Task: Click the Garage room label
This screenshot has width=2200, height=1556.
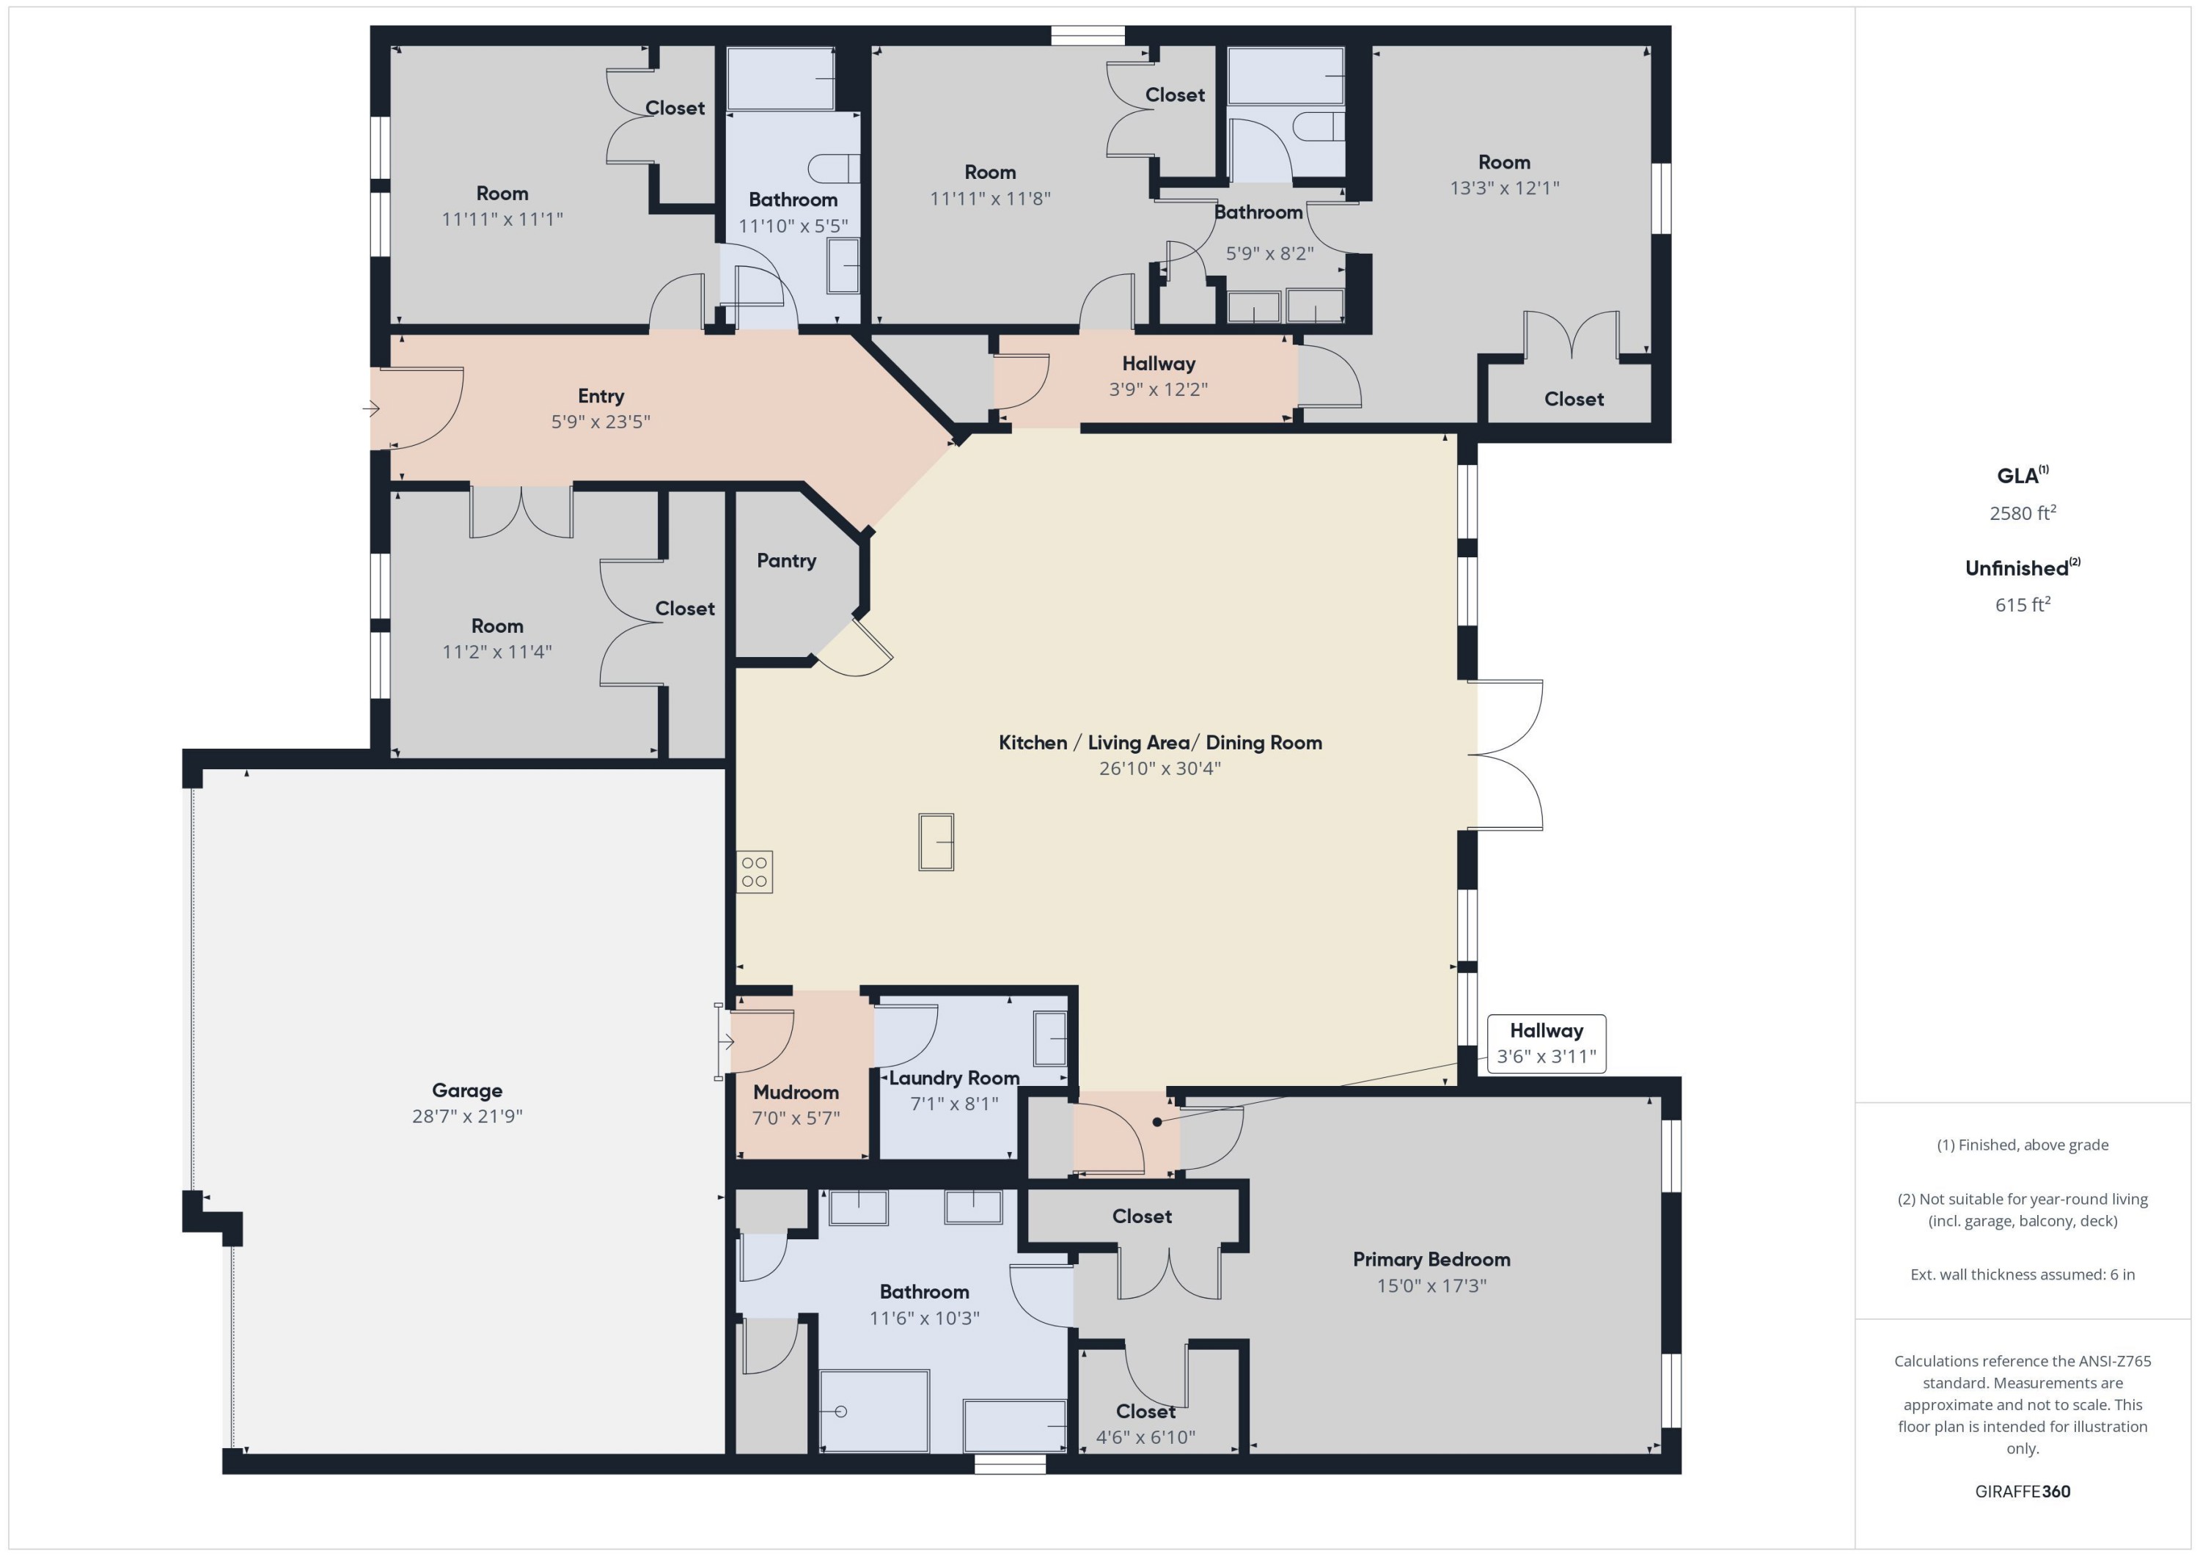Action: click(x=466, y=1090)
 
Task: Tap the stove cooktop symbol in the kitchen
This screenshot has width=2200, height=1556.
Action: click(x=754, y=872)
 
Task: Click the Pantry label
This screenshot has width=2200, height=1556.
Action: click(x=785, y=560)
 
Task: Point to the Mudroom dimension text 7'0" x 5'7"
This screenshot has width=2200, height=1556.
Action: click(x=795, y=1118)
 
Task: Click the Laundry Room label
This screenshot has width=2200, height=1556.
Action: click(x=953, y=1078)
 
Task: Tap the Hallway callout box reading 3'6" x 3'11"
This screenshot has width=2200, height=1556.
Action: click(x=1546, y=1043)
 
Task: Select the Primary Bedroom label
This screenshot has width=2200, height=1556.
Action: click(x=1431, y=1259)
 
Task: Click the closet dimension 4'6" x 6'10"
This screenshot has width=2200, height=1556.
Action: click(x=1145, y=1436)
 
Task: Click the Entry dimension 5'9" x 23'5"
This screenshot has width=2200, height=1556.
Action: click(x=600, y=422)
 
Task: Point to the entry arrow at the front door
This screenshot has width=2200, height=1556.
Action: click(x=372, y=409)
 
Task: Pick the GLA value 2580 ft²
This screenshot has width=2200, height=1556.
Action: click(x=2022, y=513)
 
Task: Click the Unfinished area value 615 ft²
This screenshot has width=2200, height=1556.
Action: click(x=2022, y=604)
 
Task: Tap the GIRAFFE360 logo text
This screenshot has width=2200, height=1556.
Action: click(x=2022, y=1491)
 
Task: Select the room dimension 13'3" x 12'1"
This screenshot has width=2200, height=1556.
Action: click(x=1503, y=188)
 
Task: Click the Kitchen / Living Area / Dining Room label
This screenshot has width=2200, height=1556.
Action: click(x=1159, y=743)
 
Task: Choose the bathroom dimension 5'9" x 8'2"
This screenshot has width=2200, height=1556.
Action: click(x=1269, y=254)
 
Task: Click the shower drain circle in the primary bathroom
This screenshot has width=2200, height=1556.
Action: click(x=840, y=1412)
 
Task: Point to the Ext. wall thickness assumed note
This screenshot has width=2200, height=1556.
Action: click(x=2022, y=1274)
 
